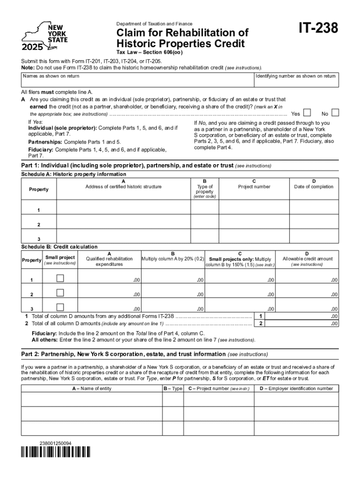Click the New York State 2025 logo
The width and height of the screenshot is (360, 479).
[45, 37]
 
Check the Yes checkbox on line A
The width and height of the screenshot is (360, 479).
[307, 113]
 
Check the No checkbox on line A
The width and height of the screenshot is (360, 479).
[335, 113]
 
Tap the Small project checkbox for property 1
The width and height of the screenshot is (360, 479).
[60, 279]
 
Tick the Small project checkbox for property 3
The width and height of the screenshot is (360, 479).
[60, 307]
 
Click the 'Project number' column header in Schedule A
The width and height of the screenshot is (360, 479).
[254, 187]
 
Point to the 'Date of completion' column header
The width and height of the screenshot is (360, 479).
[314, 187]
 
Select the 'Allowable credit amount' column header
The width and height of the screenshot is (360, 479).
[307, 259]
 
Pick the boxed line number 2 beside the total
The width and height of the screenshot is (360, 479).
[261, 324]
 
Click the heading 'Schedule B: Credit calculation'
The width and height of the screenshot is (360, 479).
[59, 247]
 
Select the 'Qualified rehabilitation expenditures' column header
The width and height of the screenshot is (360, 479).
[109, 261]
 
